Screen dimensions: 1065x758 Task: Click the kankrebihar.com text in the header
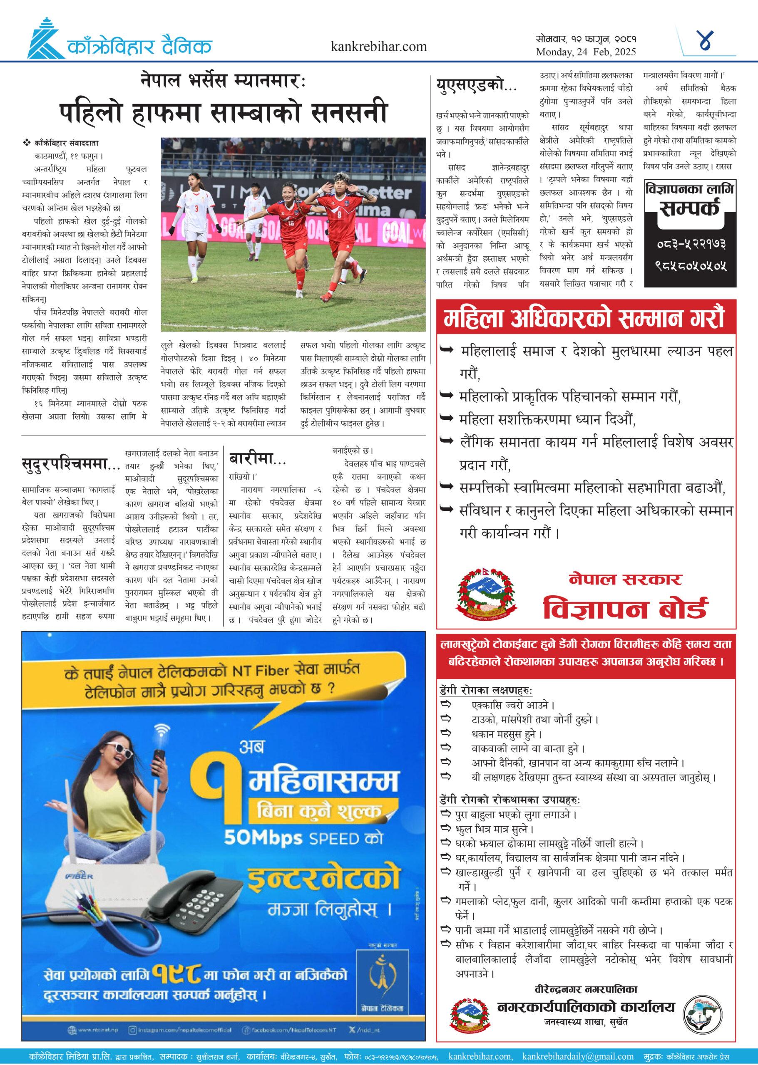[378, 47]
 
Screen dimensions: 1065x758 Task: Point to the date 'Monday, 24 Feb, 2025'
[586, 52]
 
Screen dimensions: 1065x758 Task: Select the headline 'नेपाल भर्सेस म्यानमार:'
[223, 81]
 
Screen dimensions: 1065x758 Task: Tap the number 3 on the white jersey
[196, 208]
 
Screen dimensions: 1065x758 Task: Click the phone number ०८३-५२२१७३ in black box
[691, 244]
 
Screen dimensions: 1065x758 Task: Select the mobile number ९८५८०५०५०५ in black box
[691, 266]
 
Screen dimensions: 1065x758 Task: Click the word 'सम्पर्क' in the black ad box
[689, 208]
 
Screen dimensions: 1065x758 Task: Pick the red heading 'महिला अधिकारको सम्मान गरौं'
[584, 318]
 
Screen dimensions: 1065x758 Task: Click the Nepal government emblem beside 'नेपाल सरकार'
[486, 593]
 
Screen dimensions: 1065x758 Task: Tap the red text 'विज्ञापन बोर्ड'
[625, 608]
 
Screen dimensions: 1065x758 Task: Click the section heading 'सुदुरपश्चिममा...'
[71, 465]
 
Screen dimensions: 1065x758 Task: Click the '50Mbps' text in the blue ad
[263, 838]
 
